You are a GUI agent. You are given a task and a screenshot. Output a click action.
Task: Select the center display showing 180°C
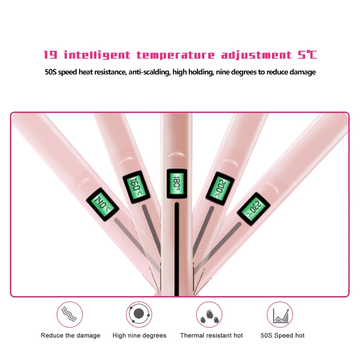pos(176,183)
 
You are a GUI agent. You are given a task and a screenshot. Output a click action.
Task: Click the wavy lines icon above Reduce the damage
pos(70,314)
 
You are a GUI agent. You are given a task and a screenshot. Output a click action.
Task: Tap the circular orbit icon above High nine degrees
pos(139,314)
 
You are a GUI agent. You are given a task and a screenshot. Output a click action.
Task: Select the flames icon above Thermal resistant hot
pos(209,314)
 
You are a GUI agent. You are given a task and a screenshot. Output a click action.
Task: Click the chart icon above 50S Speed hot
pos(280,314)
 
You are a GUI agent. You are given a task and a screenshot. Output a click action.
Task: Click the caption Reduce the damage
pos(71,335)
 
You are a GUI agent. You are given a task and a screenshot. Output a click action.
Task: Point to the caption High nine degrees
pos(139,335)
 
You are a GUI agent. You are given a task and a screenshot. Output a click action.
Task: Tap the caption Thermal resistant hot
pos(211,335)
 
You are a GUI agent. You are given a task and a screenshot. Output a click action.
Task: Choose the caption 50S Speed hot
pos(283,335)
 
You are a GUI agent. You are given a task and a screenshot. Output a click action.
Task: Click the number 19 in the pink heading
pos(50,55)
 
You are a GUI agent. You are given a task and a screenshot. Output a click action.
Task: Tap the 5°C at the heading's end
pos(307,55)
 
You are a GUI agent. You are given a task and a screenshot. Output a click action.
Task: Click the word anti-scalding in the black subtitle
pos(150,72)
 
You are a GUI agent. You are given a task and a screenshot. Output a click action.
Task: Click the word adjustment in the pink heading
pos(256,55)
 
